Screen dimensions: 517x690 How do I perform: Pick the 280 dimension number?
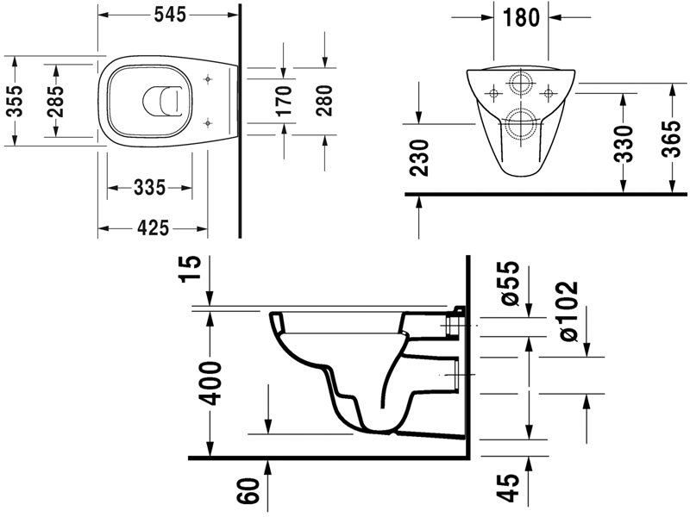point(325,100)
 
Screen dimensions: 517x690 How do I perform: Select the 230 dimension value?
point(419,157)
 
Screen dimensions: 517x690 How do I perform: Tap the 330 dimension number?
point(624,142)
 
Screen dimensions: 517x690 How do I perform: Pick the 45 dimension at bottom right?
point(509,486)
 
